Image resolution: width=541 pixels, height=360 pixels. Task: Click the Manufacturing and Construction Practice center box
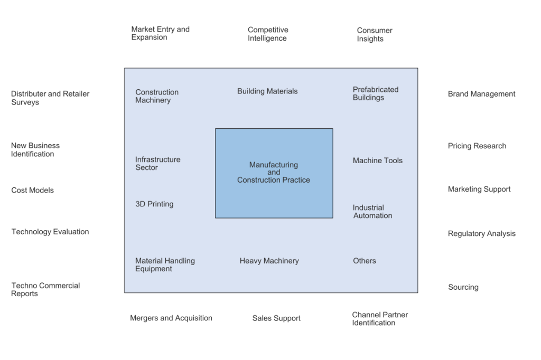point(274,173)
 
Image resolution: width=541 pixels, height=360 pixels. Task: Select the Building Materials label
point(267,91)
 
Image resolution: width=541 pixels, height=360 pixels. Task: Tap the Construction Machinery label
point(157,96)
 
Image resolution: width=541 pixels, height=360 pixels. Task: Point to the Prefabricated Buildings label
point(376,93)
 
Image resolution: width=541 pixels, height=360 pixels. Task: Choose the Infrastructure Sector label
point(157,164)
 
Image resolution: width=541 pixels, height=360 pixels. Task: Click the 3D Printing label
point(154,204)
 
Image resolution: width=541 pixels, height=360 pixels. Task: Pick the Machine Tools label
point(377,160)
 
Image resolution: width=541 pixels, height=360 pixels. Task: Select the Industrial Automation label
point(372,212)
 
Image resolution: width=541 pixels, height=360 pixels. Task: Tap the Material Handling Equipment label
point(165,264)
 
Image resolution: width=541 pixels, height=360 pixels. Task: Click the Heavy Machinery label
point(269,261)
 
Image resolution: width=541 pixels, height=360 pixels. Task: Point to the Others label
point(365,261)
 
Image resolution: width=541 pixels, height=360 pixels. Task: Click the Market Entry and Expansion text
point(160,33)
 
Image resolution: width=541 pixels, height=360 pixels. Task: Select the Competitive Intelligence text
point(268,34)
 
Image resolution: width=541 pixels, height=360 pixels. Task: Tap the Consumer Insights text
point(374,35)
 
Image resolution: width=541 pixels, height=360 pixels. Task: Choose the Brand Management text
point(481,94)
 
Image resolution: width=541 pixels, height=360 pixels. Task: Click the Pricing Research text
point(477,146)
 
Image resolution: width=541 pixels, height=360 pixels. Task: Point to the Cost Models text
point(32,190)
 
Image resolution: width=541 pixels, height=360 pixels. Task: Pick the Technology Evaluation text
point(50,232)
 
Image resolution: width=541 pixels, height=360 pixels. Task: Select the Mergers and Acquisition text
point(171,318)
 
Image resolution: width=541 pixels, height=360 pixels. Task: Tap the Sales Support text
point(276,318)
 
